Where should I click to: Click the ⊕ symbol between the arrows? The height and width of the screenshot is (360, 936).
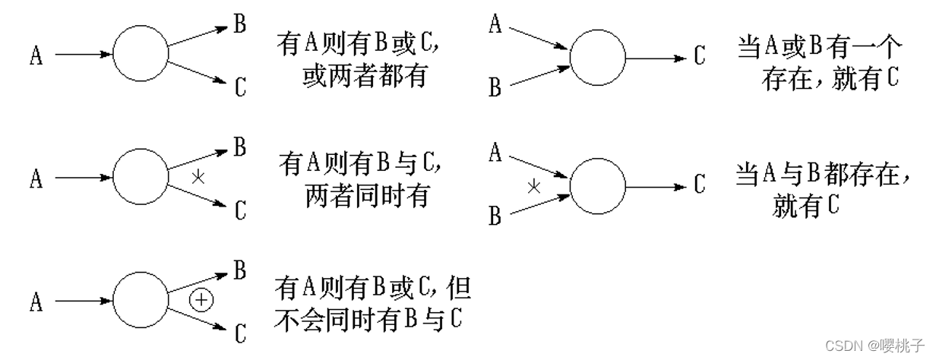point(201,300)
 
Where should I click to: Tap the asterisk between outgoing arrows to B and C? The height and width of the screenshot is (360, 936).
point(198,178)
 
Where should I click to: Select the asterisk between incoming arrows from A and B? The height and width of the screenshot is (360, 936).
point(534,185)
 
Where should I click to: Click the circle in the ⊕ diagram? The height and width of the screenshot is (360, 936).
point(141,302)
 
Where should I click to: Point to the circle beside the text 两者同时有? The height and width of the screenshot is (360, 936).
point(141,178)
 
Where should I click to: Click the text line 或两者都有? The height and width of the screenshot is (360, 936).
point(365,77)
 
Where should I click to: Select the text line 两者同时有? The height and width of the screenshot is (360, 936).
point(367,196)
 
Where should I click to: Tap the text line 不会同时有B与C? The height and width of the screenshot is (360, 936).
point(368,320)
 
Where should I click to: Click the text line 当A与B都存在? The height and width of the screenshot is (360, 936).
point(823,175)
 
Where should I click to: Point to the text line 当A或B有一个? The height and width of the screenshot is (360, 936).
point(821,49)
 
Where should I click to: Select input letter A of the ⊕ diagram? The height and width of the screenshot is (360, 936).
point(36,303)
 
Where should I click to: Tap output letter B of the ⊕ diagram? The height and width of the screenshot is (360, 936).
point(240,270)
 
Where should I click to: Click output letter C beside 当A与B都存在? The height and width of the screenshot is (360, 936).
point(699,184)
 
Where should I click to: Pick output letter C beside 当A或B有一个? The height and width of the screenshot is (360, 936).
point(699,56)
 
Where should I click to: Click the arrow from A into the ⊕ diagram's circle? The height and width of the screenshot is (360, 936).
point(84,302)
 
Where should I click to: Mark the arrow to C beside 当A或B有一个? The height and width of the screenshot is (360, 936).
point(657,58)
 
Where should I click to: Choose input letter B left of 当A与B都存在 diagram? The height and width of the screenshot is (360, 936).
point(495,217)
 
